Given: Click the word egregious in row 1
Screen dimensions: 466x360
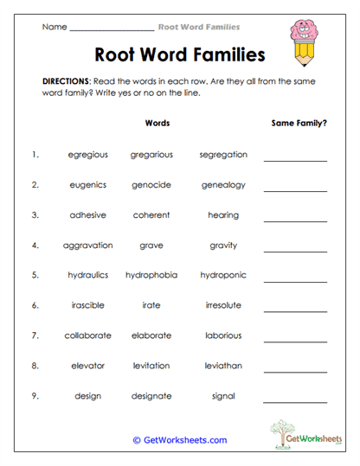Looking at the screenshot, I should (88, 155).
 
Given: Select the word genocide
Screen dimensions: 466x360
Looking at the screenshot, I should (151, 185).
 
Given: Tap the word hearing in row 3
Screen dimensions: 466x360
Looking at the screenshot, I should (223, 215).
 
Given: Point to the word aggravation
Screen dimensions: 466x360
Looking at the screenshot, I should (88, 246).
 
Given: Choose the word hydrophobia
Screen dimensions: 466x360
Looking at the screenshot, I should (151, 276).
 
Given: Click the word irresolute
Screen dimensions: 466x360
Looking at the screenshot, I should (223, 305).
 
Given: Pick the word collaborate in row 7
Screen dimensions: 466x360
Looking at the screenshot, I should (88, 335).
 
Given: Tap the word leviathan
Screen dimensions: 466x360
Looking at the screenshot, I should (223, 366).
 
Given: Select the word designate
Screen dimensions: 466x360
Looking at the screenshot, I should (151, 396).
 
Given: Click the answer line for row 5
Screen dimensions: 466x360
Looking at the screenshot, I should (295, 280).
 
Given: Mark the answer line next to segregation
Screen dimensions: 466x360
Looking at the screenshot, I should (295, 160).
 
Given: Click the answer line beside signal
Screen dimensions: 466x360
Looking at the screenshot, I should (295, 401).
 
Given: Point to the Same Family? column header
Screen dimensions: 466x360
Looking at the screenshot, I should (299, 123).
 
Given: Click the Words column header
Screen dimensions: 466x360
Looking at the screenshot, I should (157, 123).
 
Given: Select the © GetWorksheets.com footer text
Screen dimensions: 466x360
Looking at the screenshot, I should (180, 440).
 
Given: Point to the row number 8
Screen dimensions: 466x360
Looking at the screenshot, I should (35, 366).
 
